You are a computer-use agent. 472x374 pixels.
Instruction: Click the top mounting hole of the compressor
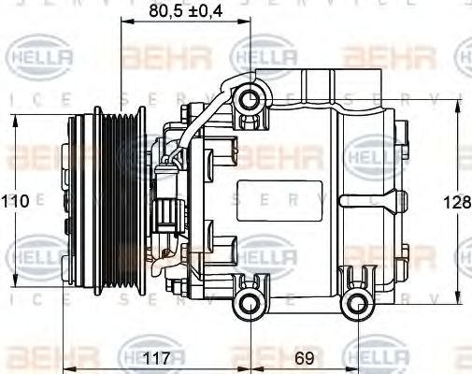249,99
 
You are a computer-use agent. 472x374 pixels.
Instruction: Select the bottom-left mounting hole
249,301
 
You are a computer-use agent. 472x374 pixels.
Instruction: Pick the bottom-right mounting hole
356,301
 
